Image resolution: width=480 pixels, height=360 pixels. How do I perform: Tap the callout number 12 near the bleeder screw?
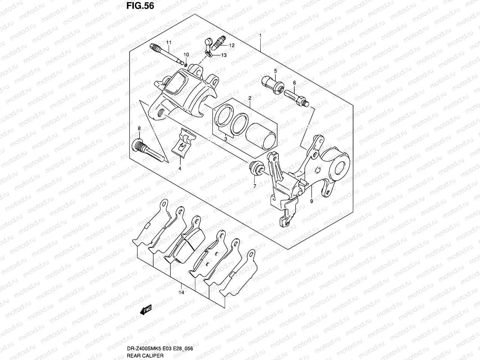point(232,46)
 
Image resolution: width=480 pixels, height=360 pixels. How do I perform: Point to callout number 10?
point(186,55)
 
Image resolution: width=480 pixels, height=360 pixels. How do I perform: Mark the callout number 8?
point(139,128)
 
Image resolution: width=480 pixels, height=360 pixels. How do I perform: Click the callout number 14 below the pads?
point(181,292)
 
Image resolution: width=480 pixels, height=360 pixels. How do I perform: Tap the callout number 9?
point(311,201)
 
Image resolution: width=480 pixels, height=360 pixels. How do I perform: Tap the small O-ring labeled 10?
point(186,65)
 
